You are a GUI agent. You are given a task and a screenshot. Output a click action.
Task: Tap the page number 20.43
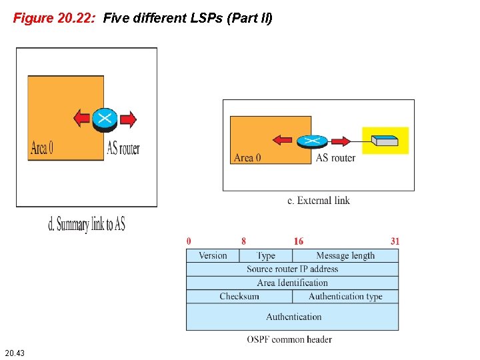(x=15, y=352)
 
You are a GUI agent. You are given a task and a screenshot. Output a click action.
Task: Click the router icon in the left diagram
(x=105, y=119)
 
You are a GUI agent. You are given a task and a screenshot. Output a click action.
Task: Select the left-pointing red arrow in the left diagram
(x=81, y=119)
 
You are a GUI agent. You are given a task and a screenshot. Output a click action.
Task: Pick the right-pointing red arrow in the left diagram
(x=128, y=119)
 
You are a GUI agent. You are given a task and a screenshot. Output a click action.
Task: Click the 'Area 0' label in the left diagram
(x=41, y=148)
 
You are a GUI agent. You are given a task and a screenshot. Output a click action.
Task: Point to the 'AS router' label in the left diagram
(x=123, y=148)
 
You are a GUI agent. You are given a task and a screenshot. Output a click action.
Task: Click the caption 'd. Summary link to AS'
(x=87, y=225)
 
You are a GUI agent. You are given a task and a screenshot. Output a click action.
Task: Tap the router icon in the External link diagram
(x=311, y=141)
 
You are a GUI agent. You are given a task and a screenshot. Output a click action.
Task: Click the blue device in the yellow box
(x=385, y=141)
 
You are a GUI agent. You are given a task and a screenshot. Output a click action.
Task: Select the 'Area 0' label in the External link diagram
(x=247, y=158)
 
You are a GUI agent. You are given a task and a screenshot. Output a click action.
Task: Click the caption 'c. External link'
(x=319, y=200)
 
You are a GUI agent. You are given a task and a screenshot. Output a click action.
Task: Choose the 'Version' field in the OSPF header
(x=213, y=255)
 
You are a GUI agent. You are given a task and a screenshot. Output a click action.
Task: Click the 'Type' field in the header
(x=266, y=255)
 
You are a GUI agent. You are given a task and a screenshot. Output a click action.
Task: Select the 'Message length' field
(x=345, y=255)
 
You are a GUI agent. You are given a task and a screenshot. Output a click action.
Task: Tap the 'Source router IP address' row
(x=292, y=269)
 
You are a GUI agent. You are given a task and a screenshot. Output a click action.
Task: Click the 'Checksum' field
(x=239, y=297)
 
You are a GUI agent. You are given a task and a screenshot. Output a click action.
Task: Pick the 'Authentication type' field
(x=345, y=297)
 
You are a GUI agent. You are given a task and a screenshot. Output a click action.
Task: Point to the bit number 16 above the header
(x=299, y=241)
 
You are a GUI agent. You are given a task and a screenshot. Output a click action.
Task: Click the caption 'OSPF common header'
(x=289, y=339)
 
